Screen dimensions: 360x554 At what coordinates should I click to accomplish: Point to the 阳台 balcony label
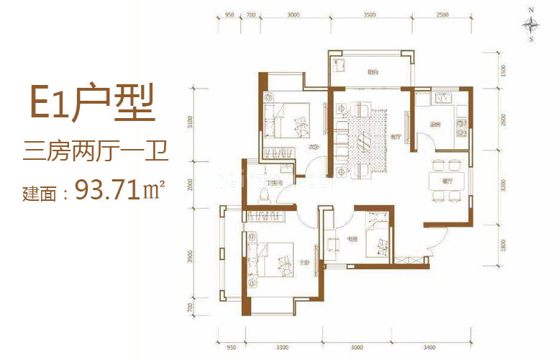click(373, 72)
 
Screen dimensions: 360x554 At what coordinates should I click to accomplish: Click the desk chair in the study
click(334, 243)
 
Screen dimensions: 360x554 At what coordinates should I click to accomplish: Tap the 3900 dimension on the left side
click(191, 257)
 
